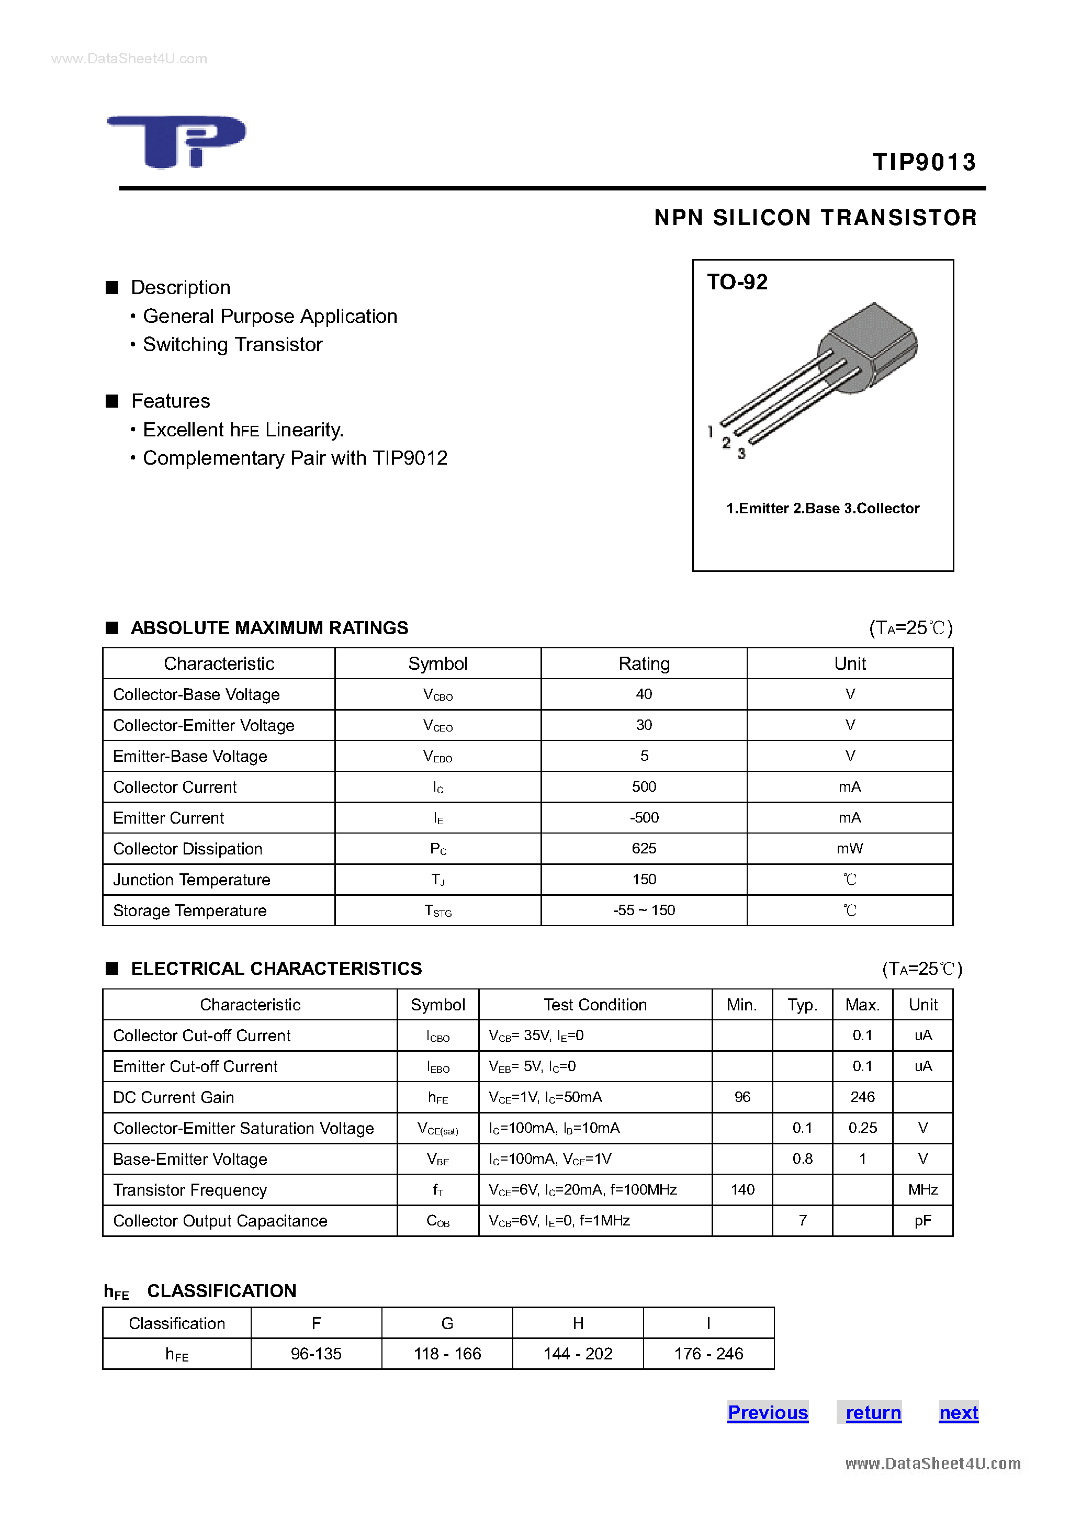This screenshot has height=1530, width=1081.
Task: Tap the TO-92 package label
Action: (x=737, y=282)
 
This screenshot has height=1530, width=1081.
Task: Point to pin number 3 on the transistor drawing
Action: (x=741, y=454)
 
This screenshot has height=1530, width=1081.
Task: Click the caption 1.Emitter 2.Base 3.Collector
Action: (x=823, y=509)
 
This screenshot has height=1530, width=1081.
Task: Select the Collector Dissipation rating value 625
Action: (x=644, y=848)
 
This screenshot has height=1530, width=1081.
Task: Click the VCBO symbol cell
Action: (x=438, y=694)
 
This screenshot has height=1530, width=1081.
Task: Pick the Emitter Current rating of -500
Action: (x=644, y=818)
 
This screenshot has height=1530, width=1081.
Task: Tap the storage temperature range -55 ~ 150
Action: (x=644, y=910)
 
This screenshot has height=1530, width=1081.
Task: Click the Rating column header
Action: (x=644, y=663)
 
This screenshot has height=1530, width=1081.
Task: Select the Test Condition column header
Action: (x=594, y=1005)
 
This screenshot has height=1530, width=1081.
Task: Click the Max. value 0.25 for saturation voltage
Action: (x=862, y=1128)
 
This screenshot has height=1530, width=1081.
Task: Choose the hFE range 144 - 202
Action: (x=578, y=1354)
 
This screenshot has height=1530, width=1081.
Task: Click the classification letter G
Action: (x=447, y=1323)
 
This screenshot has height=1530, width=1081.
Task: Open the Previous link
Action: (x=768, y=1413)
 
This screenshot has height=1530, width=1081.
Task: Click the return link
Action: (x=873, y=1413)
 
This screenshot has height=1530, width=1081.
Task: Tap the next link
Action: (x=959, y=1413)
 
